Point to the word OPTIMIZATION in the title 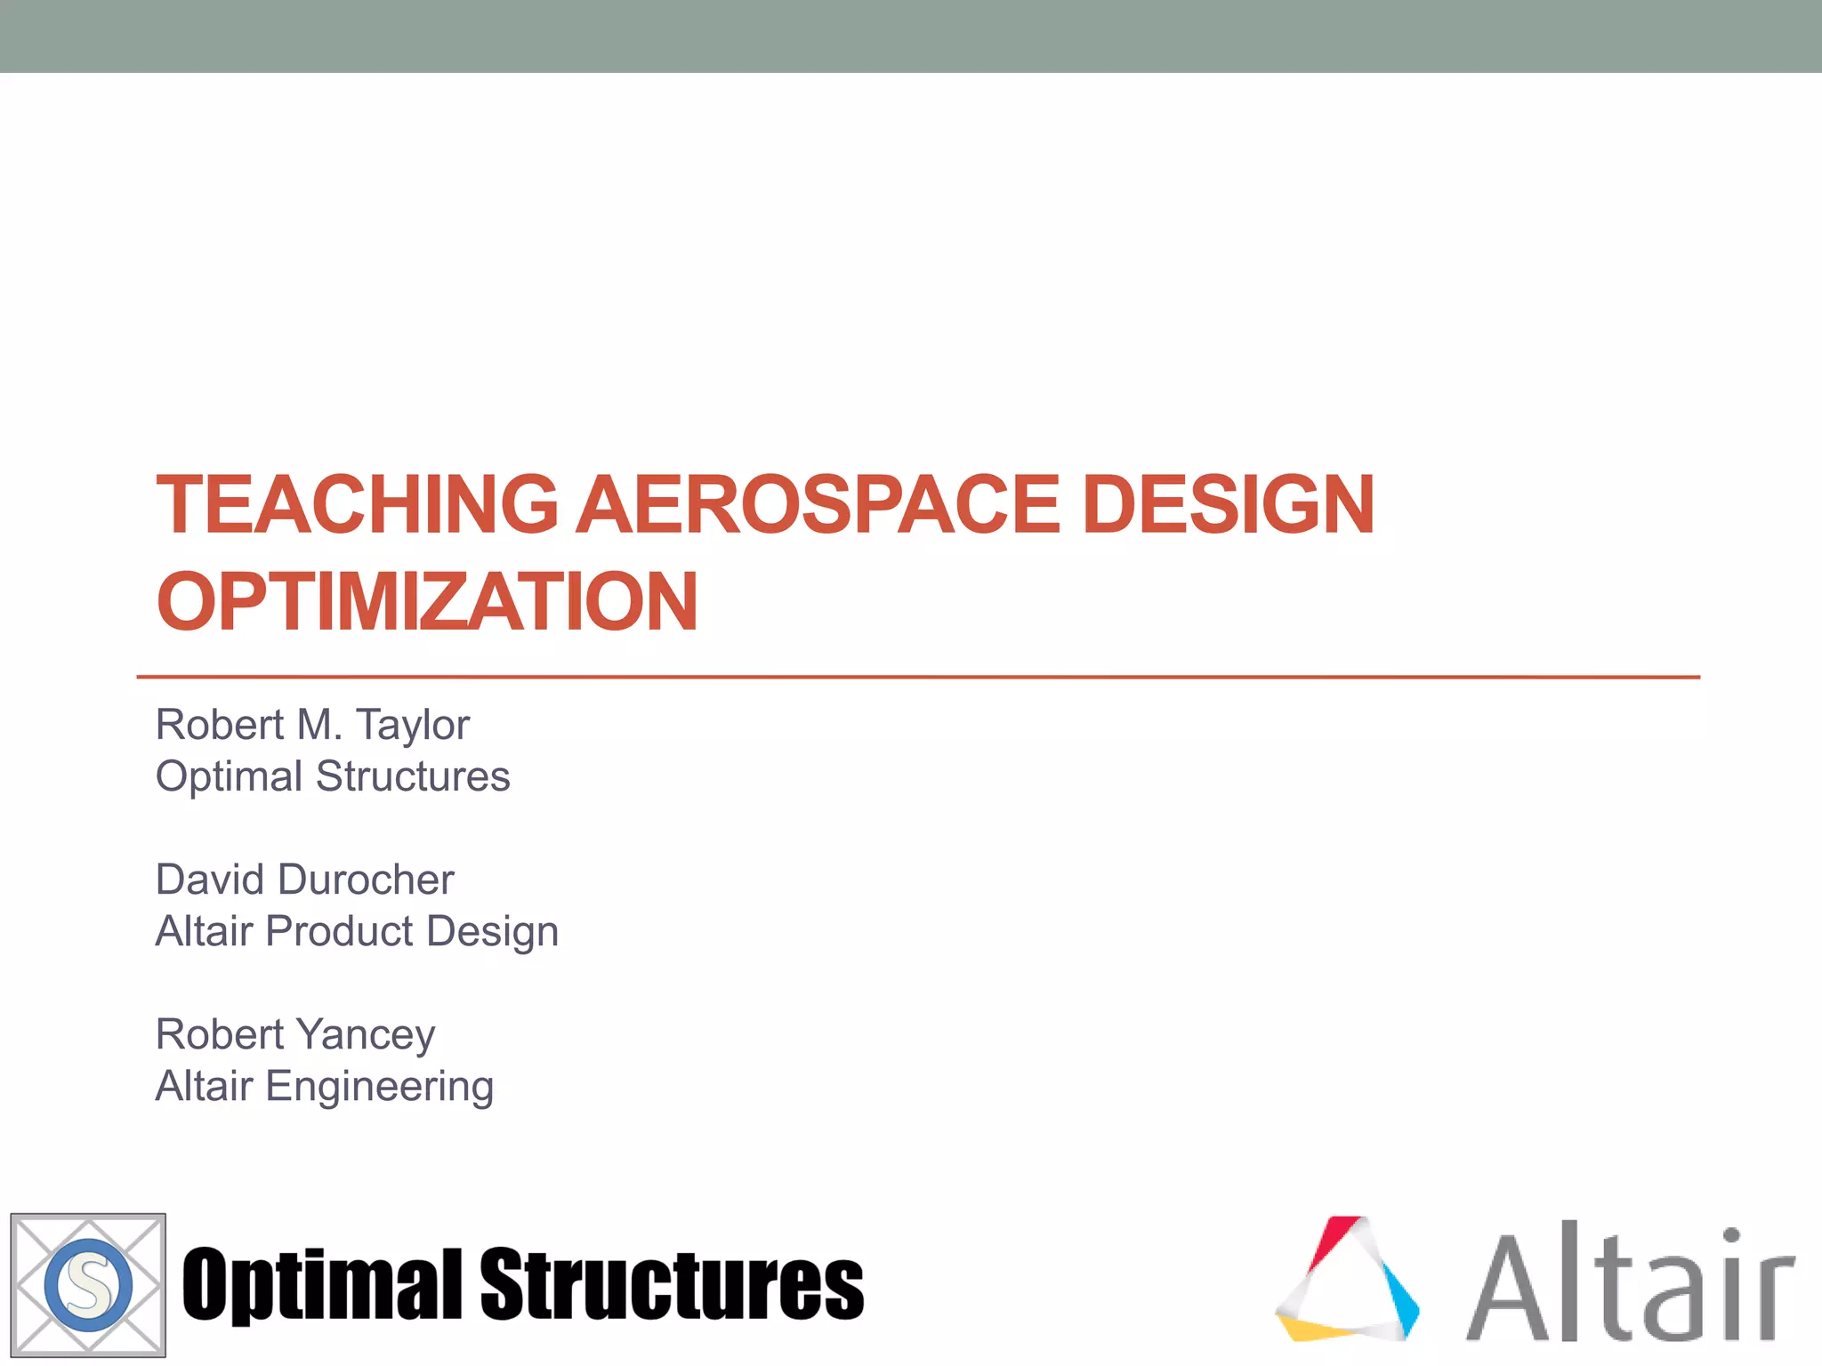tap(427, 602)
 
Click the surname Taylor tap(413, 725)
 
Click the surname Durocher tap(367, 880)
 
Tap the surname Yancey tap(366, 1035)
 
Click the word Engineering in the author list tap(380, 1087)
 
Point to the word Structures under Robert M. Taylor tap(413, 776)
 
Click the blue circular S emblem tap(88, 1285)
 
